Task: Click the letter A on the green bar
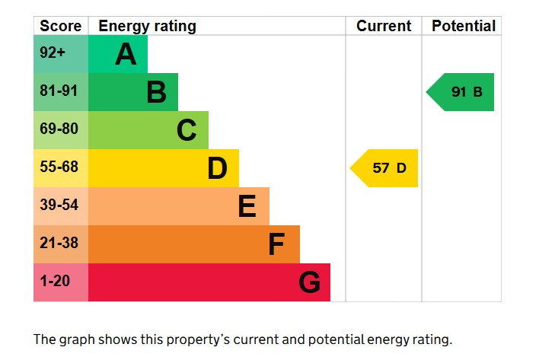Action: [x=126, y=54]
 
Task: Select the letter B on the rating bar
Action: [x=156, y=92]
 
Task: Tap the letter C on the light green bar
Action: [x=187, y=130]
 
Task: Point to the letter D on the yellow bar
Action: [x=217, y=168]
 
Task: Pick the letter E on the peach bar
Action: [x=247, y=206]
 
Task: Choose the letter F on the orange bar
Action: [x=276, y=244]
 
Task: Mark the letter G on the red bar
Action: [x=309, y=282]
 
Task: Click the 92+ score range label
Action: [x=53, y=54]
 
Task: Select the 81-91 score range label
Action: [x=59, y=91]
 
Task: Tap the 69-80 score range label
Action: [x=59, y=129]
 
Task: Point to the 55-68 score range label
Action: [x=59, y=167]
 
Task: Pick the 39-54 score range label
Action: [x=59, y=205]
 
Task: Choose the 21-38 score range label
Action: [x=59, y=244]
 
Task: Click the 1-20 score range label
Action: [x=54, y=282]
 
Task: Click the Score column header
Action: [x=60, y=26]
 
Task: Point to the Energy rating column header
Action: [x=147, y=26]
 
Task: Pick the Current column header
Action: [x=384, y=26]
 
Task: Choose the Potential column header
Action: [x=463, y=26]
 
